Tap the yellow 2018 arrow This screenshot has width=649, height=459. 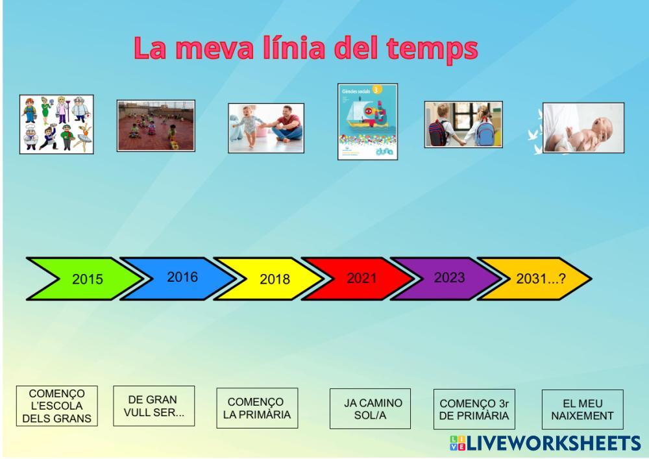coord(271,279)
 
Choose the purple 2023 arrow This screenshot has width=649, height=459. coord(448,279)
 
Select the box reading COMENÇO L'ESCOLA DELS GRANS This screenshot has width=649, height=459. coord(56,406)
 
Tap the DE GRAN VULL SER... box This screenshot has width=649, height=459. coord(154,406)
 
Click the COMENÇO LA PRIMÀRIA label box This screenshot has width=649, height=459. coord(257,408)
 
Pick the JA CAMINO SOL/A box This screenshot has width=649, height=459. coord(371,409)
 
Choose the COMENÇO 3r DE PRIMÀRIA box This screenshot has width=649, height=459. coord(474,409)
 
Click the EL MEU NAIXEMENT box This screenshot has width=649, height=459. coord(583,410)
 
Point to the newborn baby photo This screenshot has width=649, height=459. coord(583,128)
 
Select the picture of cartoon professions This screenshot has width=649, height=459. coord(56,124)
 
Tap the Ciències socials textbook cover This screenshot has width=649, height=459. coord(367,121)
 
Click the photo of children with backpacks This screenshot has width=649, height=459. coord(463,124)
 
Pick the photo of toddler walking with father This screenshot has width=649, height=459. coord(266,129)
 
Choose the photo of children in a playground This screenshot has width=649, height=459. coord(156,126)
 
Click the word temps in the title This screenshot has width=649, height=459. coord(432,49)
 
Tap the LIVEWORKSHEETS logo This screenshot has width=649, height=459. coord(545,443)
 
